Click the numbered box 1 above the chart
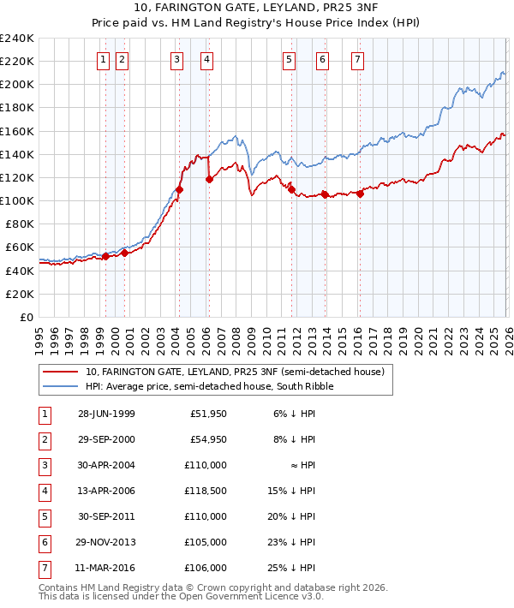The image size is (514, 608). point(104,60)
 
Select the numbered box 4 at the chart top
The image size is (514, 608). point(207,60)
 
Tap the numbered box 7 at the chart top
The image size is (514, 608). point(357,60)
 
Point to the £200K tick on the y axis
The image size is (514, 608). point(17,85)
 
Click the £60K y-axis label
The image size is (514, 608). point(20,247)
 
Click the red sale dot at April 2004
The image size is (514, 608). point(179,189)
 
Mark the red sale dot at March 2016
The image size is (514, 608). point(360,194)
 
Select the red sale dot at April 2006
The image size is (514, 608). point(209,179)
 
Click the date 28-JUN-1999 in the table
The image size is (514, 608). point(106,414)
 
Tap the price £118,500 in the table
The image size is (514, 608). point(204,492)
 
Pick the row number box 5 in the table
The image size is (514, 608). point(44,517)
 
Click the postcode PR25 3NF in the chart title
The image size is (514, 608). point(306,9)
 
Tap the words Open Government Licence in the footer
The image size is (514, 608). point(242,597)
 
